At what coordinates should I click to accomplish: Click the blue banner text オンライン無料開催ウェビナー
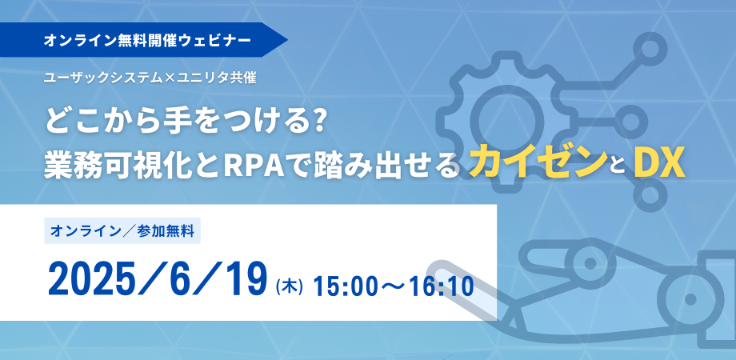point(147,40)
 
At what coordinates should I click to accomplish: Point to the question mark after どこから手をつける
point(321,122)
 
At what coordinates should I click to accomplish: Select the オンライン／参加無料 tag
point(122,230)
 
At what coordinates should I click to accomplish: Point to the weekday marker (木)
point(289,286)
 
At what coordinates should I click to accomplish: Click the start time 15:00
point(345,286)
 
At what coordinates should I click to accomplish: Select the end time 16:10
point(440,286)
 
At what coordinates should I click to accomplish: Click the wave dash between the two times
point(393,286)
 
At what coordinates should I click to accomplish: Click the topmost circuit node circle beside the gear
point(650,48)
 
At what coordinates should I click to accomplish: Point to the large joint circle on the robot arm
point(690,299)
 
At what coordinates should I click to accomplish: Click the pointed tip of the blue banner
point(287,40)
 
